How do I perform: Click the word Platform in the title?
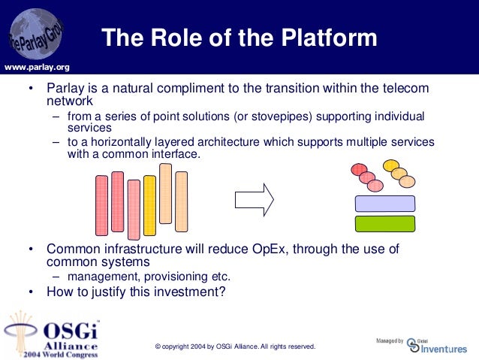(329, 38)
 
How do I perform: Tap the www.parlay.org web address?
(37, 68)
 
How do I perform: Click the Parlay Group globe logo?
(36, 34)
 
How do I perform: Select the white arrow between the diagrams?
(255, 200)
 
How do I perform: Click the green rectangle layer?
(385, 223)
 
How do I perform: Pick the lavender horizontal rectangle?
(385, 204)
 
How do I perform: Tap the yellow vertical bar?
(149, 205)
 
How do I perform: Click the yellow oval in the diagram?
(391, 165)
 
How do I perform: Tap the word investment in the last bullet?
(189, 292)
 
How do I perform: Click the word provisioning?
(176, 277)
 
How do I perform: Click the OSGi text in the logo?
(71, 331)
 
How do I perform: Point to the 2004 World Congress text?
(61, 355)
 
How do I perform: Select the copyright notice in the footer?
(235, 346)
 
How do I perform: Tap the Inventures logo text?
(444, 349)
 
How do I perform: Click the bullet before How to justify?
(31, 292)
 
